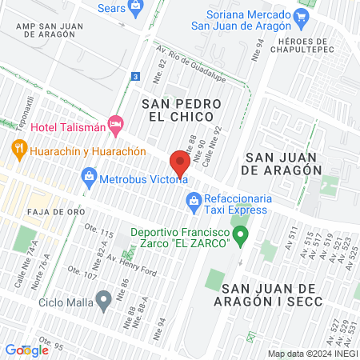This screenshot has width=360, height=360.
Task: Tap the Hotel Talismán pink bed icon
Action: [117, 124]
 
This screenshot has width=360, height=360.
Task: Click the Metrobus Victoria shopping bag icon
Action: [88, 176]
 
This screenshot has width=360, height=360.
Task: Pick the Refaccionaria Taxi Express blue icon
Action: [192, 201]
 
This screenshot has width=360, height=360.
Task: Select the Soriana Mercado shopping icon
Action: [301, 16]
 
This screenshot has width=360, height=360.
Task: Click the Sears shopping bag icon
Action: [134, 8]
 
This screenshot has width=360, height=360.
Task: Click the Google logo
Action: [26, 350]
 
